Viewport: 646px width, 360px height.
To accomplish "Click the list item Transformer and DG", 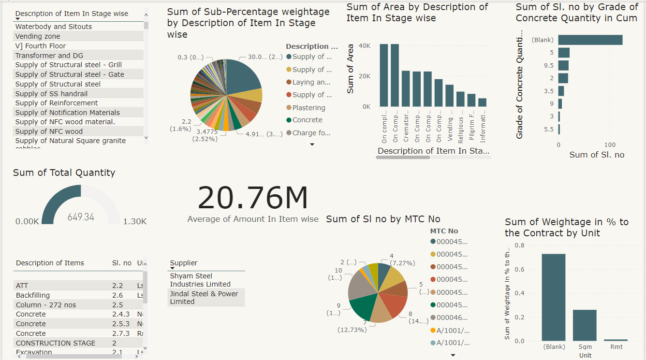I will (49, 56).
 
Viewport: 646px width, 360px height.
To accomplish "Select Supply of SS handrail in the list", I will (51, 94).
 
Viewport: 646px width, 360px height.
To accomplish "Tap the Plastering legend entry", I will (308, 108).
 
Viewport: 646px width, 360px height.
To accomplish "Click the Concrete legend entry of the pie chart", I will (307, 120).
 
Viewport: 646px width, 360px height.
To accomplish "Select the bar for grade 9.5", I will (563, 65).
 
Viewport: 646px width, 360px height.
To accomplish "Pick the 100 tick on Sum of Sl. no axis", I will (610, 144).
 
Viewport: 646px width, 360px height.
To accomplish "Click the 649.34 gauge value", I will (81, 217).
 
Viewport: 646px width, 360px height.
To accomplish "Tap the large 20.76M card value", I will (252, 198).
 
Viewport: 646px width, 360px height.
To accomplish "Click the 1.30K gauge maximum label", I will (134, 221).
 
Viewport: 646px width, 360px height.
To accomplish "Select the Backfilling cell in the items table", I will (33, 295).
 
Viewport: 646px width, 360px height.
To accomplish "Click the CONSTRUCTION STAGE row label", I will (56, 343).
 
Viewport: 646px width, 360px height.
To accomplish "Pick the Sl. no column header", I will (121, 263).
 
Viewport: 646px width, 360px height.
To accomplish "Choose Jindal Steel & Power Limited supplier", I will (204, 297).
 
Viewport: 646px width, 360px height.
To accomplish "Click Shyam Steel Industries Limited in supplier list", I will (200, 280).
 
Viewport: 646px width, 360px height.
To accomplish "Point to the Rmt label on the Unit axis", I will (616, 346).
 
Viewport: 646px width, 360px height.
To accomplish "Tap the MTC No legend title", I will (444, 231).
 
